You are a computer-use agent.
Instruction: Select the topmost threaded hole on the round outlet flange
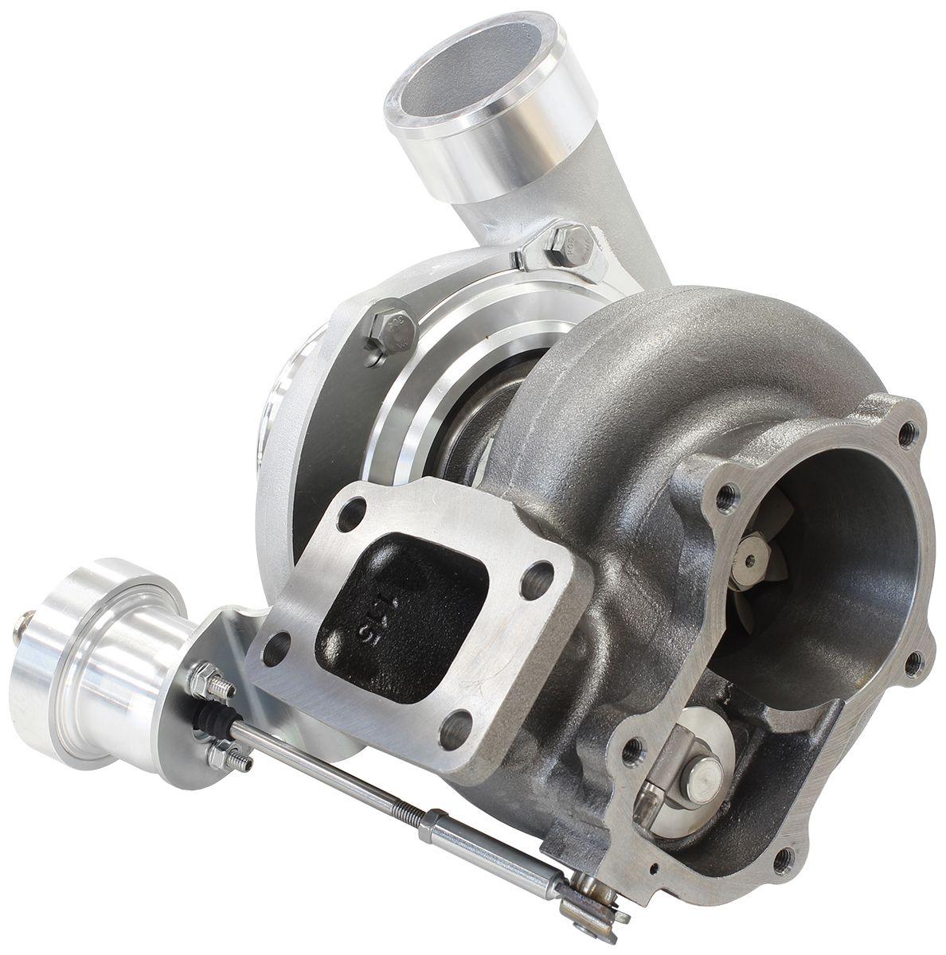(x=906, y=432)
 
